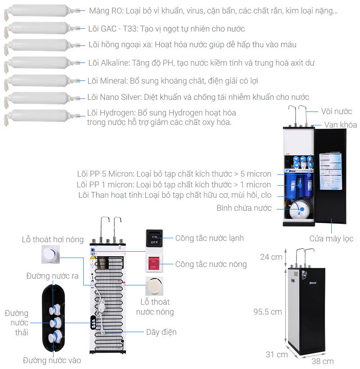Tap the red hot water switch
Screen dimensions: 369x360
154,263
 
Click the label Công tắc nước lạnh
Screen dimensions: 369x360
209,238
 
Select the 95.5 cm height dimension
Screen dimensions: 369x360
267,311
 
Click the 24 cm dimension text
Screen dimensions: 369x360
271,257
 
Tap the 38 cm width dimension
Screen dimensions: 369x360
322,361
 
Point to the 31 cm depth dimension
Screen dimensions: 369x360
276,354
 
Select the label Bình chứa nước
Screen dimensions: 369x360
244,208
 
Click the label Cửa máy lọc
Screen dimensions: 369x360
331,239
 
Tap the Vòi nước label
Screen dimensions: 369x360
336,111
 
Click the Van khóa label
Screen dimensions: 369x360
340,125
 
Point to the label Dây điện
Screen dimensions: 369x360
161,332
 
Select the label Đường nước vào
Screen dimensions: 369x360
52,360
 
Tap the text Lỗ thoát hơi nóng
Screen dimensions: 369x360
53,240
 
